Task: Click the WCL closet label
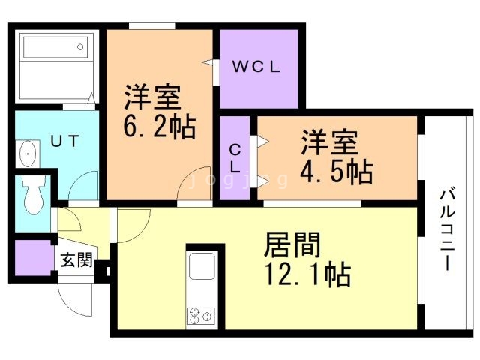pos(256,67)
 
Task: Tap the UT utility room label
pos(64,141)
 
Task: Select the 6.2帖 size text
pos(160,126)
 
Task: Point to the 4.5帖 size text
pos(337,172)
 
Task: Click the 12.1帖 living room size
pos(308,273)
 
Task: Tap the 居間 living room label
pos(292,244)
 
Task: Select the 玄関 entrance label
pos(76,260)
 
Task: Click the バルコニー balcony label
pos(447,230)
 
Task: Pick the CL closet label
pos(235,158)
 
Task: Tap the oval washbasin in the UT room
pos(28,154)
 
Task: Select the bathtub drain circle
pos(80,46)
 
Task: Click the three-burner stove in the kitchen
pos(201,316)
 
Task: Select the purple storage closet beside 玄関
pos(33,258)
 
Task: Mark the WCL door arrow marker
pos(208,62)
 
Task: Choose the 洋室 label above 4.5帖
pos(329,142)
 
